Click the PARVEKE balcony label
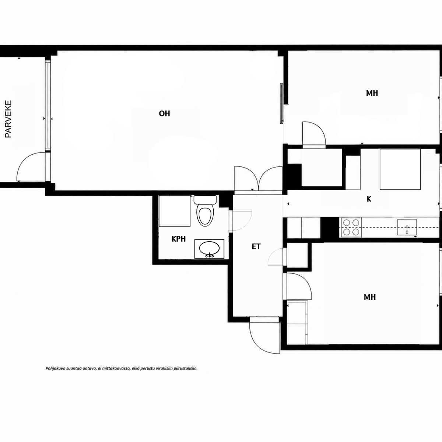coord(8,119)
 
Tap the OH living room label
coord(164,113)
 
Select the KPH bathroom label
coord(179,239)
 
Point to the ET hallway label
coord(256,246)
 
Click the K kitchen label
coord(369,199)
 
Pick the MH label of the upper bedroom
coord(372,93)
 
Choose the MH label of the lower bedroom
coord(370,297)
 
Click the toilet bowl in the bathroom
coord(206,217)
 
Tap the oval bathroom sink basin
coord(209,248)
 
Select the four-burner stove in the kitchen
coord(351,227)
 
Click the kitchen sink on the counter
coord(407,227)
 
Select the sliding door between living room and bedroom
coord(281,104)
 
